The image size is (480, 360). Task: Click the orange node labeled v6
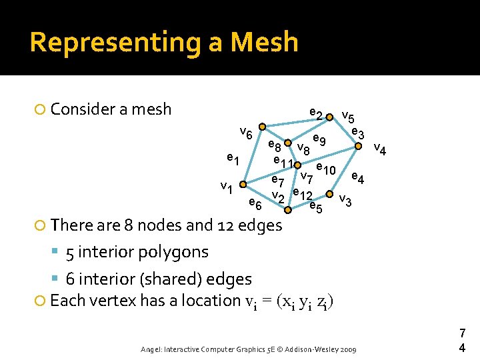[x=263, y=126]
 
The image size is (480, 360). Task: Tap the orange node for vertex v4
[x=359, y=145]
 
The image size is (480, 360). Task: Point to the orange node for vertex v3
[x=329, y=195]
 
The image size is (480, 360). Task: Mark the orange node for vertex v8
[x=287, y=143]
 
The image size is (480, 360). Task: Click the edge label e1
[x=232, y=159]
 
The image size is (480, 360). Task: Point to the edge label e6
[x=254, y=203]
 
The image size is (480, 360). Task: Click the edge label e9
[x=319, y=140]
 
